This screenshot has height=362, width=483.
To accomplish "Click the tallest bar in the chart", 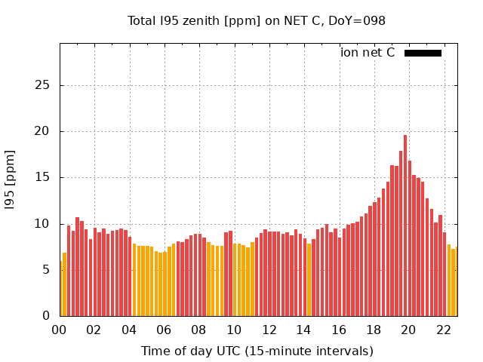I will point(405,226).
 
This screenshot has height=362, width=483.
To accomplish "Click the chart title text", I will point(257,20).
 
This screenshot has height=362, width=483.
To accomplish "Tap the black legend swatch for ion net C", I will point(423,53).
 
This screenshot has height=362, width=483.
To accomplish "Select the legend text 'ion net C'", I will point(368,53).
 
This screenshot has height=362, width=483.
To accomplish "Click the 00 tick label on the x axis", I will point(59,330).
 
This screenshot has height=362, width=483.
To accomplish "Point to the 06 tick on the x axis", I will point(164,330).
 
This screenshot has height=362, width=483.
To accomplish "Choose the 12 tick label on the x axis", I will point(269,330).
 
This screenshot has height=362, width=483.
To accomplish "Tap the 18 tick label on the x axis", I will point(374,330).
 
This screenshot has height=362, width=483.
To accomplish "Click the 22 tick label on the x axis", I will point(444,330).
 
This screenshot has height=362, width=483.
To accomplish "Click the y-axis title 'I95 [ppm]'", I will point(11,179).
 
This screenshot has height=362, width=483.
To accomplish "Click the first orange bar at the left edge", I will point(61,290).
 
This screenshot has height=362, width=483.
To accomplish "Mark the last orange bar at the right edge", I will point(455,283).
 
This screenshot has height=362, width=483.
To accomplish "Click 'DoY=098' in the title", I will point(359,20).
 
